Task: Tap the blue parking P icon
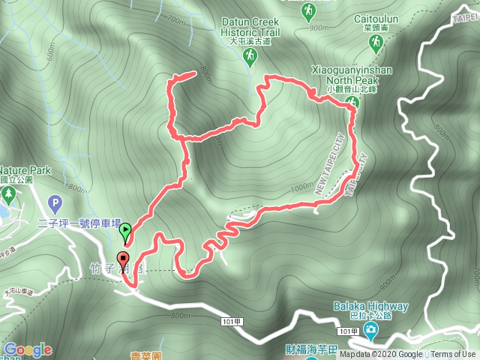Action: (x=54, y=202)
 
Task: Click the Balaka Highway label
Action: (x=371, y=306)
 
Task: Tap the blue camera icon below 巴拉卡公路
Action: (x=371, y=331)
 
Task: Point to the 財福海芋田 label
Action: (x=292, y=349)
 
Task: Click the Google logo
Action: (x=28, y=349)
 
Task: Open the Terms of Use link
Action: (x=453, y=355)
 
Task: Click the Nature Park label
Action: (x=25, y=171)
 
